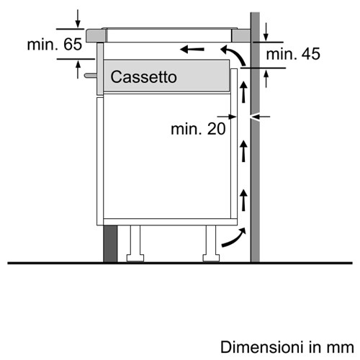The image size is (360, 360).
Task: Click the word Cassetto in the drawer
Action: tap(143, 77)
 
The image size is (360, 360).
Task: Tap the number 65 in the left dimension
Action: tap(73, 44)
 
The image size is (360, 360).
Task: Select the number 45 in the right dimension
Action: tap(311, 54)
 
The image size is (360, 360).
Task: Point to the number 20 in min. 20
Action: tap(216, 129)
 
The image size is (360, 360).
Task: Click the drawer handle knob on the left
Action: tap(91, 76)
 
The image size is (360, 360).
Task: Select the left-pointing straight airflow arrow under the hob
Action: tap(192, 50)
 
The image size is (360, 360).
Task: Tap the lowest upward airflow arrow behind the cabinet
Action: tap(243, 200)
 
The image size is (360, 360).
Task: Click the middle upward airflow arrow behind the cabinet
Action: tap(243, 151)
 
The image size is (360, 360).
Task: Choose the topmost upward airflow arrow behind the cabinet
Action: tap(243, 92)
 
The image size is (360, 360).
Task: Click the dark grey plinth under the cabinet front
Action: tap(110, 244)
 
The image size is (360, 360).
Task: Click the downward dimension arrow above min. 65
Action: tap(78, 19)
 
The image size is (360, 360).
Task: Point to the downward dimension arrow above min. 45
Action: tap(266, 32)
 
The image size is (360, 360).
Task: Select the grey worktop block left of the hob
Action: tap(96, 35)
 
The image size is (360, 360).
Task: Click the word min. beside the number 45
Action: tap(282, 54)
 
